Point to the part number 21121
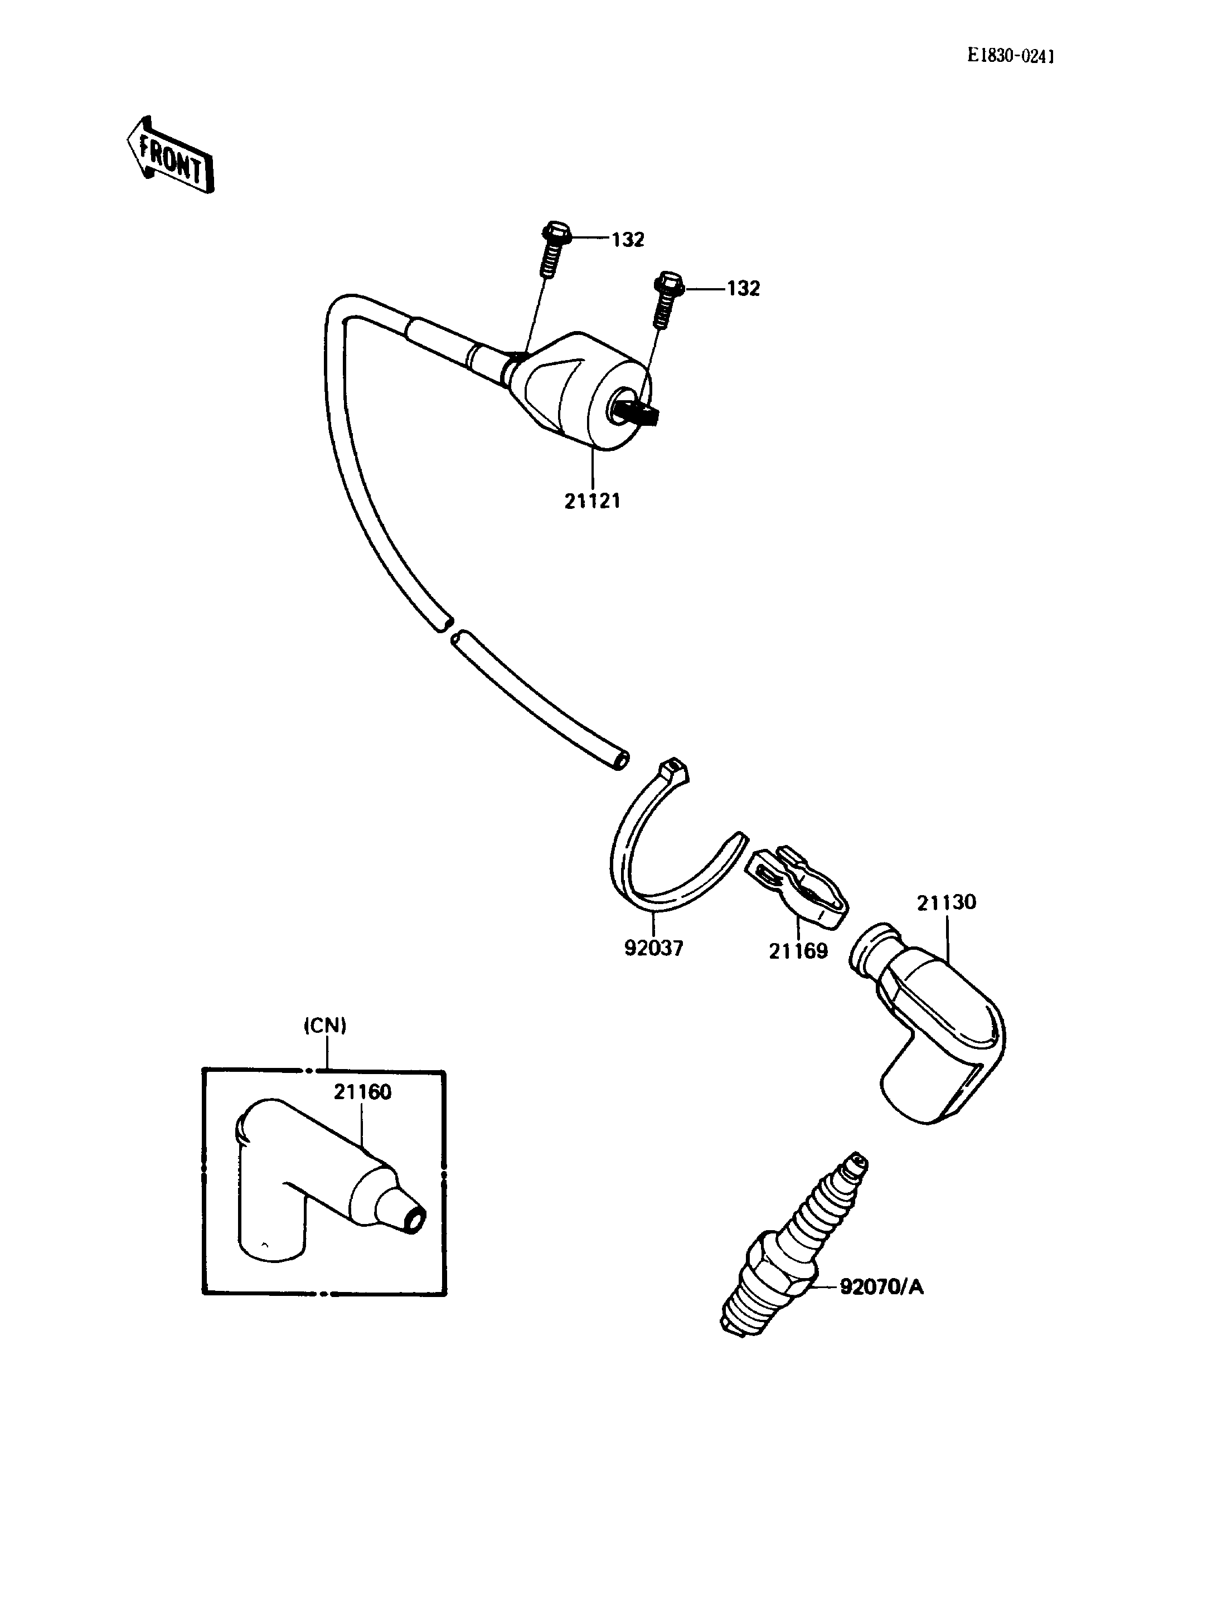point(592,501)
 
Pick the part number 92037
point(654,949)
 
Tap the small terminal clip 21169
point(798,887)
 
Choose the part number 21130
point(946,902)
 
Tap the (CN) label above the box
point(324,1026)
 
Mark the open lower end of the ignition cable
point(620,760)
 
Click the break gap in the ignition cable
point(446,628)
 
